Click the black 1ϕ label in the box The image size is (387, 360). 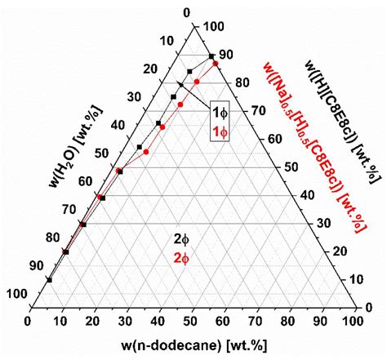(220, 111)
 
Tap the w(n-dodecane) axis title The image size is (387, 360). (193, 345)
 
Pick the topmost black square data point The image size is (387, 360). (211, 55)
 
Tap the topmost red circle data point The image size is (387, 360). (216, 63)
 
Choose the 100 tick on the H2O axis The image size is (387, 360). (15, 294)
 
